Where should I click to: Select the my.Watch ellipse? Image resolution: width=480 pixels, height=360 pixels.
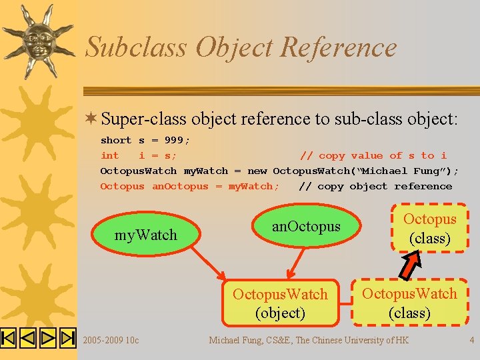(146, 234)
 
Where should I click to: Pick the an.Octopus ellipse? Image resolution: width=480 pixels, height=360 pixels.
(305, 227)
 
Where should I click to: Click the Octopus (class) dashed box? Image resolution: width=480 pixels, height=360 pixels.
(429, 229)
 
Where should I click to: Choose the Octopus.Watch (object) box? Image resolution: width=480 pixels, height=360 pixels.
(280, 303)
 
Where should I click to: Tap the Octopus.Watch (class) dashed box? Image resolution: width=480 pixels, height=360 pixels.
(409, 303)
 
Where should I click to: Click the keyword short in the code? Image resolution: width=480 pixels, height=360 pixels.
(115, 140)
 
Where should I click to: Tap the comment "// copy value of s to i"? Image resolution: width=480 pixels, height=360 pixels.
(373, 155)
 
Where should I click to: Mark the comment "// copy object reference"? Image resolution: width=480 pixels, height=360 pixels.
(375, 187)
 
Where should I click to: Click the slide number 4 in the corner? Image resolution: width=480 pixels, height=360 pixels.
(471, 340)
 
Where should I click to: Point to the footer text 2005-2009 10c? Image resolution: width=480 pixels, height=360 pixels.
(111, 340)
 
